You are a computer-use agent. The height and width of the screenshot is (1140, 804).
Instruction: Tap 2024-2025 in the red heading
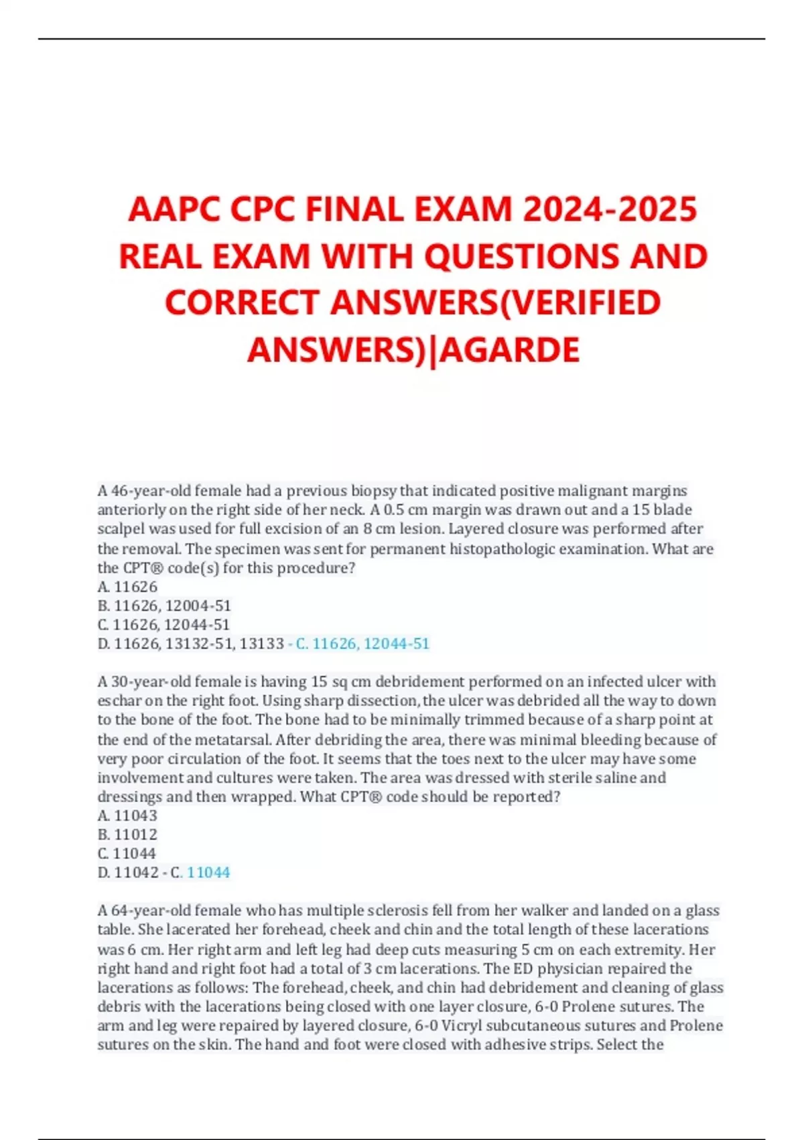click(x=610, y=209)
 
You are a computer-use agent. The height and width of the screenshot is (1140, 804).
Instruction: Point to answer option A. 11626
click(x=127, y=587)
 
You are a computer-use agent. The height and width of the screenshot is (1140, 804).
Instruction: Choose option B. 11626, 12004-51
click(x=164, y=606)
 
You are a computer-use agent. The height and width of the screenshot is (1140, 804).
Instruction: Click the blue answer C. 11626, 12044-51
click(x=362, y=644)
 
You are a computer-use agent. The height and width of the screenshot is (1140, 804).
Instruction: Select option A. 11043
click(x=127, y=815)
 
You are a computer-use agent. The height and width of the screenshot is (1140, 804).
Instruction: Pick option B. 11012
click(x=127, y=834)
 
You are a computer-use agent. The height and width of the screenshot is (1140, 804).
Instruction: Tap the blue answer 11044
click(x=208, y=872)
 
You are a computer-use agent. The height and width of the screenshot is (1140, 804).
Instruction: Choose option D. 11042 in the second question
click(x=128, y=872)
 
